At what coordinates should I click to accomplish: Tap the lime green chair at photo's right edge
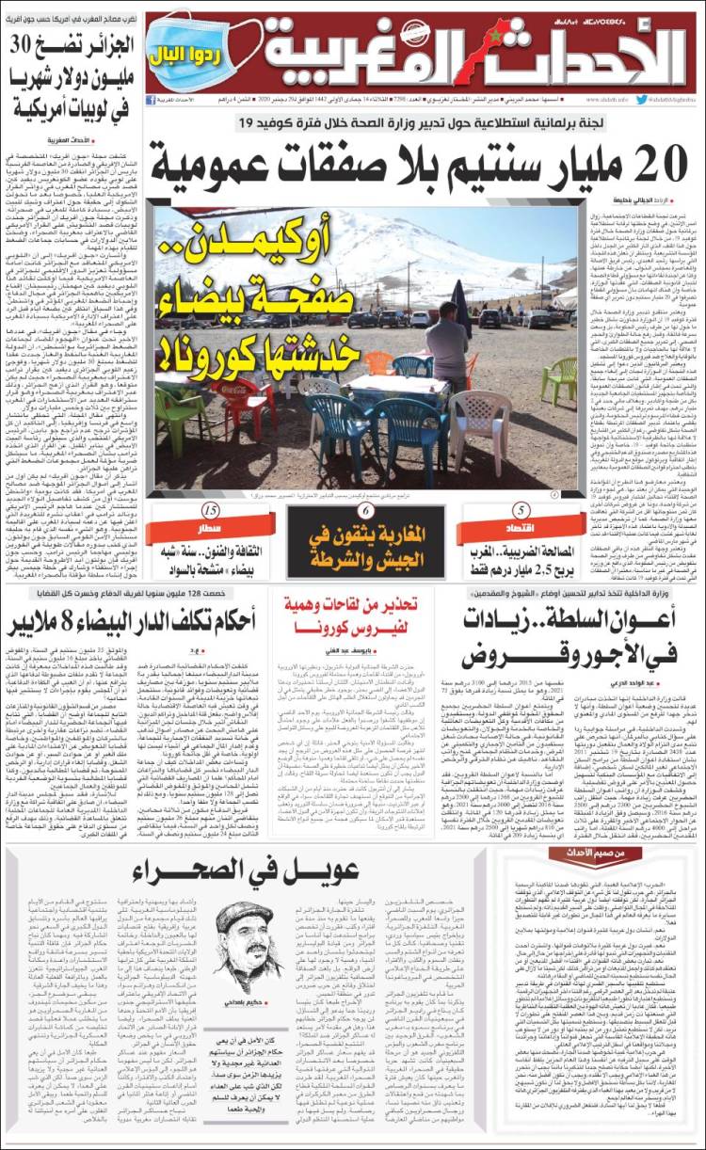[559, 378]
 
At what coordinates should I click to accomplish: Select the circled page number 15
[211, 511]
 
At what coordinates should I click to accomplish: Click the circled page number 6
[364, 511]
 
